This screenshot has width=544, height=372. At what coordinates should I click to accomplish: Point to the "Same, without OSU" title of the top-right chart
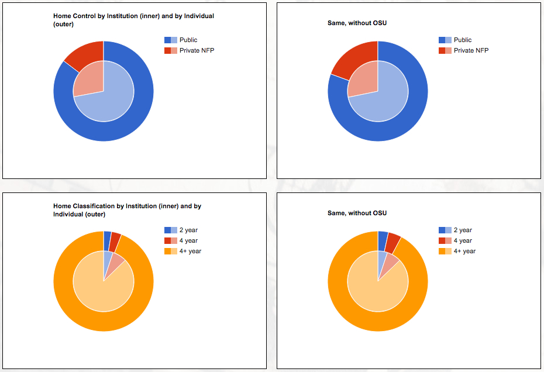click(x=357, y=23)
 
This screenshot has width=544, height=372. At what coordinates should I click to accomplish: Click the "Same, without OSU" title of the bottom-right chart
click(x=357, y=213)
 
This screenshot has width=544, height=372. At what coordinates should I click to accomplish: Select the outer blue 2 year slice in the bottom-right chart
click(x=383, y=236)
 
